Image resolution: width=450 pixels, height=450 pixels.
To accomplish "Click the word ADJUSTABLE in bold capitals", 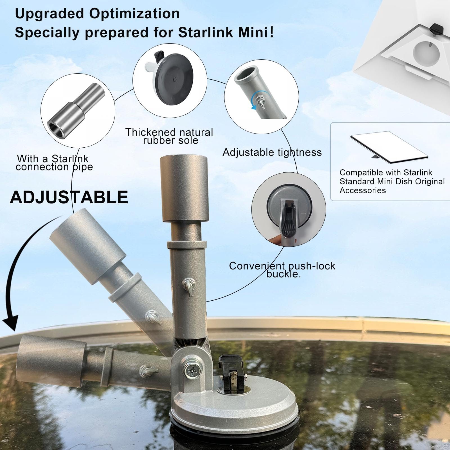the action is tap(69, 197).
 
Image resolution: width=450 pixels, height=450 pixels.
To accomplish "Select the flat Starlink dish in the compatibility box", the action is tap(389, 147).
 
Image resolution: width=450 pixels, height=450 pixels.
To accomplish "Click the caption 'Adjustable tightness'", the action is tap(272, 152).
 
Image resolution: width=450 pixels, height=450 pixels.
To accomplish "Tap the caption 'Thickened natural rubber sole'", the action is tap(169, 136).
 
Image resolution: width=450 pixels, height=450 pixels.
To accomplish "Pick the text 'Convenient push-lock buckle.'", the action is tap(282, 270).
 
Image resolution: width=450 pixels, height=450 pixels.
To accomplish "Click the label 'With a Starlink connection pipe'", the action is tap(54, 163).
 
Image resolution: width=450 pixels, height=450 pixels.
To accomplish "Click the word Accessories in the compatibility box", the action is tap(363, 190).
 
